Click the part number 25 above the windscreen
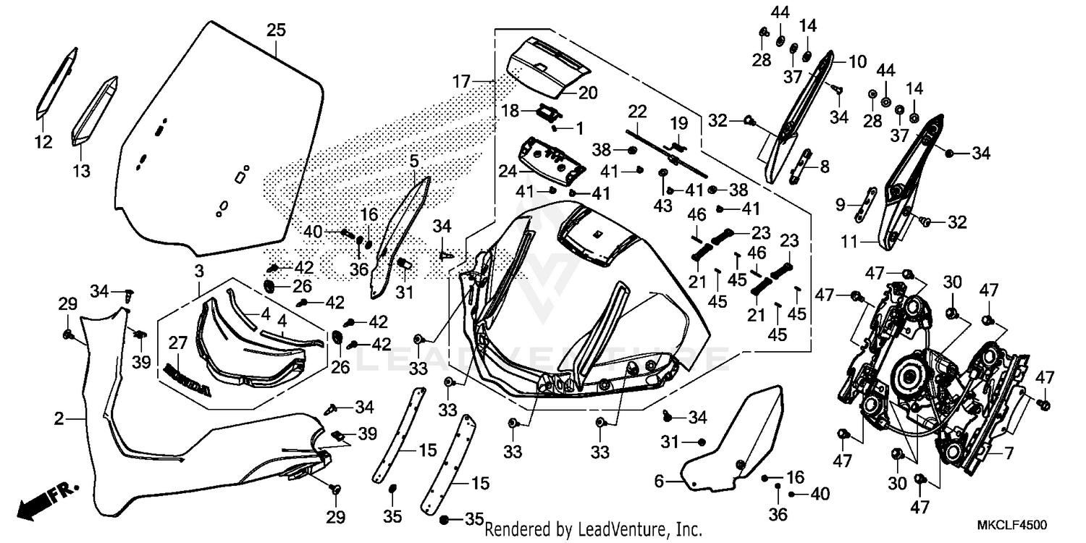276,30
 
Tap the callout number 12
43,142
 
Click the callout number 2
59,418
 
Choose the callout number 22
636,111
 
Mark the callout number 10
857,62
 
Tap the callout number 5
413,159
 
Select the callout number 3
199,270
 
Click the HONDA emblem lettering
188,379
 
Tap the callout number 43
662,205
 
